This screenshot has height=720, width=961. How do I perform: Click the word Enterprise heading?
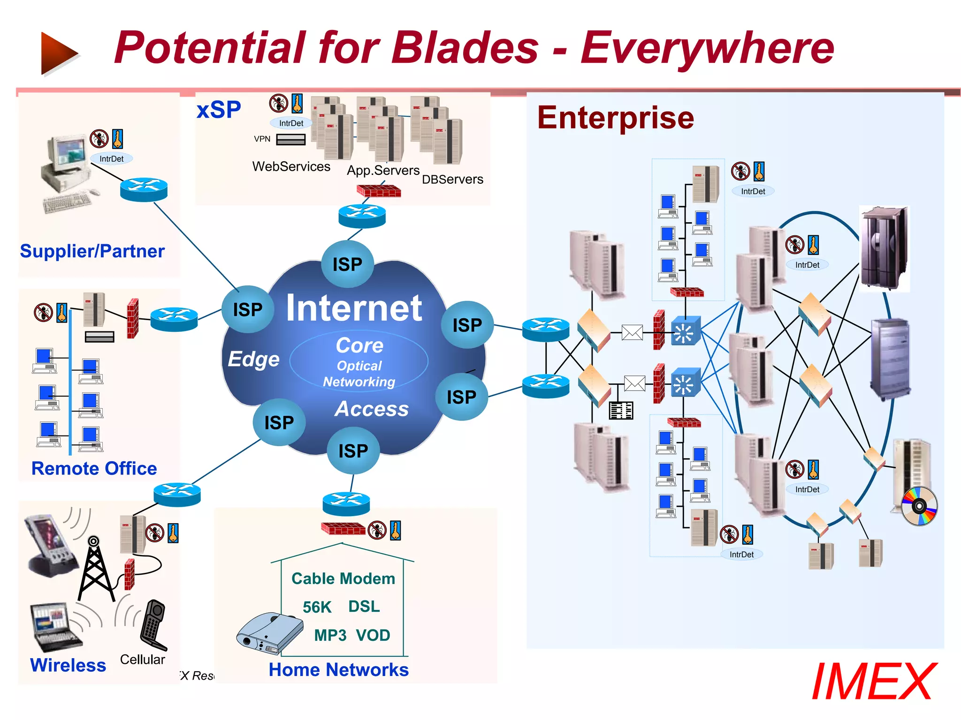click(x=615, y=118)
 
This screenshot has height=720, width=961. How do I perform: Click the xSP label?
click(x=219, y=110)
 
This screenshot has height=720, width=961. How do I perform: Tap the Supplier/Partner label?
click(x=92, y=251)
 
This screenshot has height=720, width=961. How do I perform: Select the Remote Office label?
click(x=94, y=468)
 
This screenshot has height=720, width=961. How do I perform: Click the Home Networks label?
click(x=338, y=670)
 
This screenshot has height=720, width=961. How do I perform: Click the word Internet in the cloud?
click(x=354, y=308)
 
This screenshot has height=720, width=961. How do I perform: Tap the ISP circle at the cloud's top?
click(x=347, y=264)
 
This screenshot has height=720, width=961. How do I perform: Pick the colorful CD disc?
click(x=919, y=506)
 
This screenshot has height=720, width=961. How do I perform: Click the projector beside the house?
click(x=270, y=633)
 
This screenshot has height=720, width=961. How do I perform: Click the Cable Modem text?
click(x=343, y=579)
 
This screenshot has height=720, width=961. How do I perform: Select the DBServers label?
click(x=452, y=180)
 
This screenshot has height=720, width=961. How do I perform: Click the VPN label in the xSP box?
click(x=262, y=139)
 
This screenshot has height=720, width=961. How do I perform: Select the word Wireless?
click(x=68, y=665)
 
